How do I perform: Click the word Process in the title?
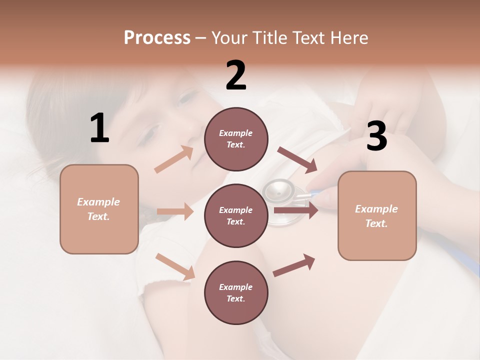157,37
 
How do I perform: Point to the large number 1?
99,128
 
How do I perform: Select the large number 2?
236,75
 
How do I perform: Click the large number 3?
376,136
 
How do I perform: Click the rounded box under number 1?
99,209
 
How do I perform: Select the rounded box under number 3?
377,215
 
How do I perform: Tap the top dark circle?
236,139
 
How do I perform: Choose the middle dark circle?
236,215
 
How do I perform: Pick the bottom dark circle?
236,292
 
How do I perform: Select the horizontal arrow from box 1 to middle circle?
175,211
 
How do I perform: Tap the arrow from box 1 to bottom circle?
175,266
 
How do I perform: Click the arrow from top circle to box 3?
297,159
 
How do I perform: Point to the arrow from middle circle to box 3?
296,210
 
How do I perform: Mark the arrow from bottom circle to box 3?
294,265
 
